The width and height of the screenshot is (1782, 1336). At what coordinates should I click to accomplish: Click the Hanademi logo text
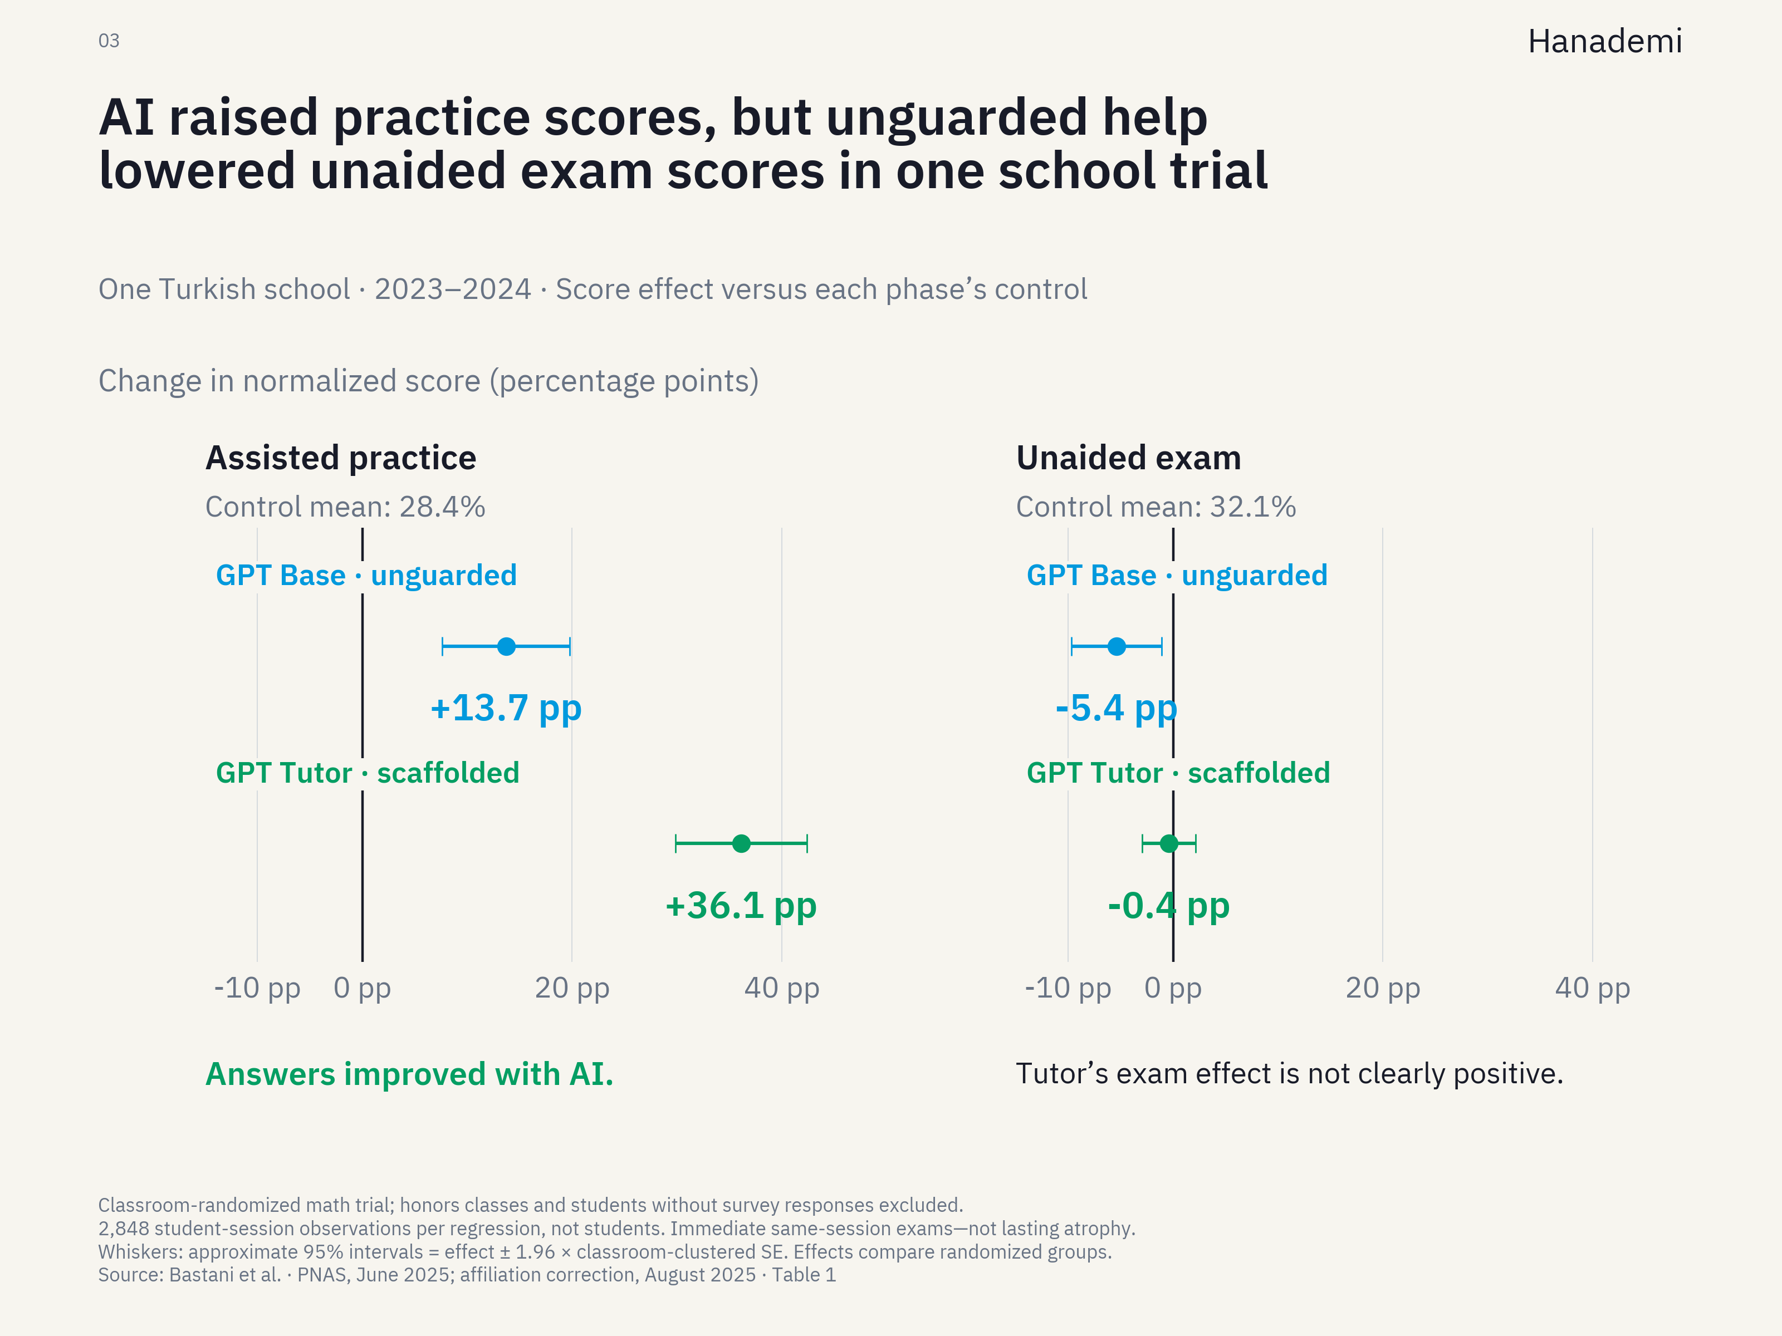[1605, 41]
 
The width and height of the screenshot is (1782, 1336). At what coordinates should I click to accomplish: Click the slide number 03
[109, 41]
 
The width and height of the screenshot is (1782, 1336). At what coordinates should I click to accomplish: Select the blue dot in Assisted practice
[506, 646]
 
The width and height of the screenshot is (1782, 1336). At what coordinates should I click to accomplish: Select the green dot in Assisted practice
[741, 843]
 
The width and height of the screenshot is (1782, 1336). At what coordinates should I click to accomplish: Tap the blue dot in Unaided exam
[1117, 646]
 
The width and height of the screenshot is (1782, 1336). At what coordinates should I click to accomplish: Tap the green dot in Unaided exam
[1169, 843]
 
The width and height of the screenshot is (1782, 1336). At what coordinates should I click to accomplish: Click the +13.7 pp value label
[506, 709]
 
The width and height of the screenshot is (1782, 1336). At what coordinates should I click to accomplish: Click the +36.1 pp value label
[741, 906]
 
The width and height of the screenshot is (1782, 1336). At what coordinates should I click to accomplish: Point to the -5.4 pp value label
[1117, 709]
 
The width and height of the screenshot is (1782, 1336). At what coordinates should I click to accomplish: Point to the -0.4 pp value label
[1169, 906]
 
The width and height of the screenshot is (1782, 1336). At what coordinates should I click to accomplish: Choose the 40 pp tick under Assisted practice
[781, 988]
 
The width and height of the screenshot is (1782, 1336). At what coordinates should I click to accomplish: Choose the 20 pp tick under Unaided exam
[1382, 988]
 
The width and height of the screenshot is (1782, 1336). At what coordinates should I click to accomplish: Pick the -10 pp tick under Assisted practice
[257, 988]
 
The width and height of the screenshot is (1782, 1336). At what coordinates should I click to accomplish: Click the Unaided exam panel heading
[1129, 458]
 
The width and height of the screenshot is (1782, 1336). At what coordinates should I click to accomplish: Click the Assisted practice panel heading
[341, 458]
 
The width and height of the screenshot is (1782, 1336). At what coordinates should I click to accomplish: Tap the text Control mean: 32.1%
[1156, 507]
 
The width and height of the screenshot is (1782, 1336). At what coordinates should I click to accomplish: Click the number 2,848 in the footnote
[123, 1229]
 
